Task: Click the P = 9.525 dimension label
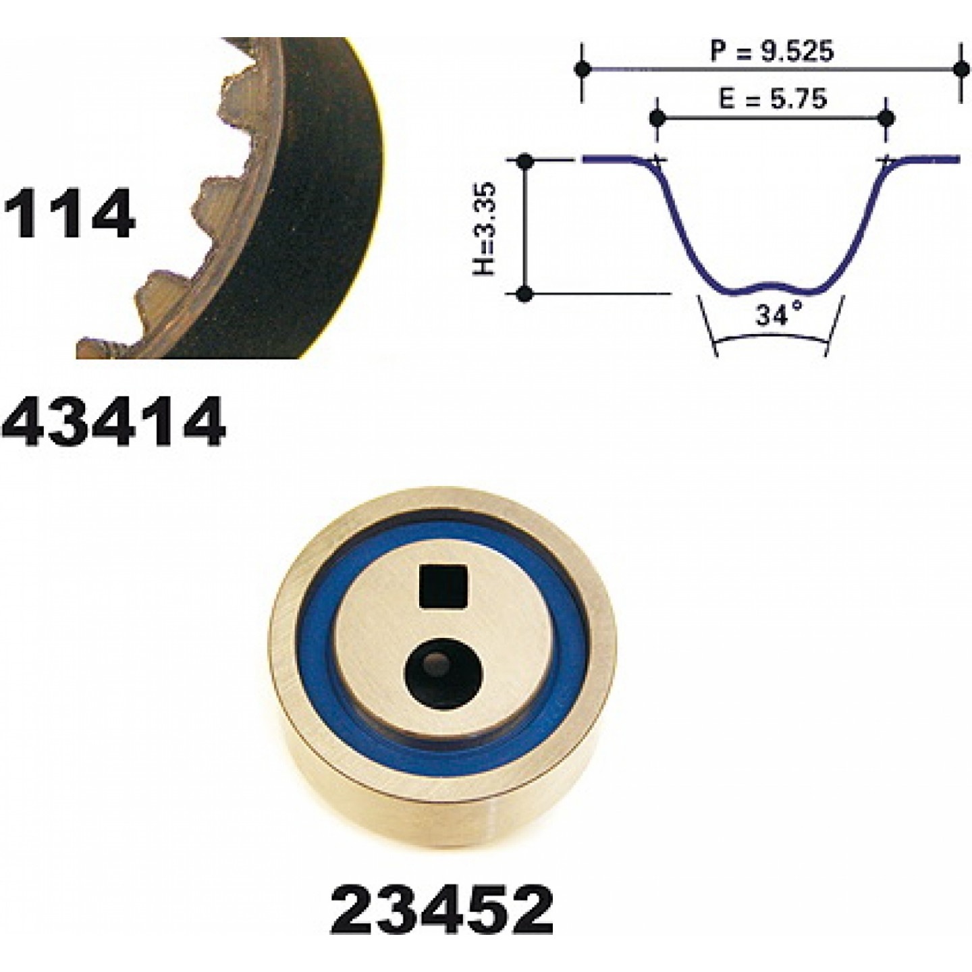772,51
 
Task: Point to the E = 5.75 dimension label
772,99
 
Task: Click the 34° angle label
778,315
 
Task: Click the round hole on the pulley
444,674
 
